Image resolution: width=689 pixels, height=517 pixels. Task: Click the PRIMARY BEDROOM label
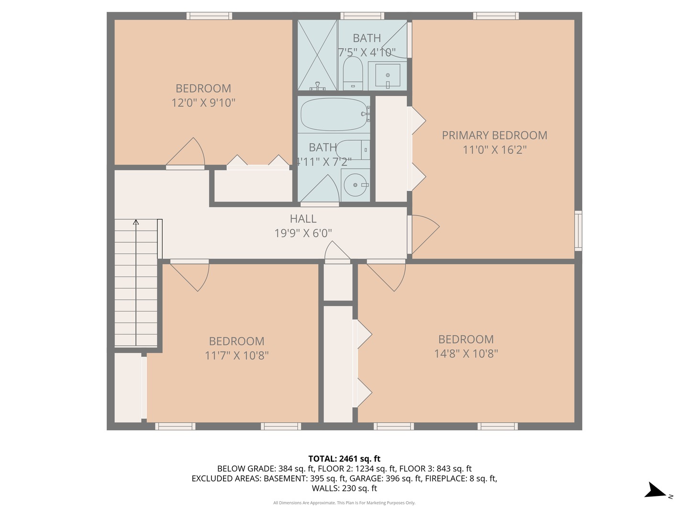[x=494, y=135]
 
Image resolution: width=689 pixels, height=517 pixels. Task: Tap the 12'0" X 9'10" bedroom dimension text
[x=203, y=102]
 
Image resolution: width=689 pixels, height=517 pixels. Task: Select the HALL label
[x=303, y=219]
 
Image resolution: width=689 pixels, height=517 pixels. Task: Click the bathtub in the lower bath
[x=333, y=114]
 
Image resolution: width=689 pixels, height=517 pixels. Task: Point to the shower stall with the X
[x=317, y=55]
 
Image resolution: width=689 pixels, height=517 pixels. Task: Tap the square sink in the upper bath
[x=388, y=75]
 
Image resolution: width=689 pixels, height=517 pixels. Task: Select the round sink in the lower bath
[x=355, y=185]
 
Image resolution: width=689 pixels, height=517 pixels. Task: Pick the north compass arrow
[x=655, y=491]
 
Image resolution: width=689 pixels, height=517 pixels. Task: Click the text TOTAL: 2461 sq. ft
[x=344, y=459]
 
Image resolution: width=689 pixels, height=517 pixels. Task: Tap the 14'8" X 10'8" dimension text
[x=466, y=354]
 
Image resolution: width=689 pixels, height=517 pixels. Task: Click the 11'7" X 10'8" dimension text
[x=236, y=356]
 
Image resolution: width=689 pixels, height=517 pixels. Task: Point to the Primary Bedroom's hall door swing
[x=423, y=234]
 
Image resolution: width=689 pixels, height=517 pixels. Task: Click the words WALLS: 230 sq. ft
[x=344, y=488]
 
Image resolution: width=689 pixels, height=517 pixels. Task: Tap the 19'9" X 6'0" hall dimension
[x=303, y=233]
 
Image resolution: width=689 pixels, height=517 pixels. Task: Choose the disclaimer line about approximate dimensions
[x=344, y=503]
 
